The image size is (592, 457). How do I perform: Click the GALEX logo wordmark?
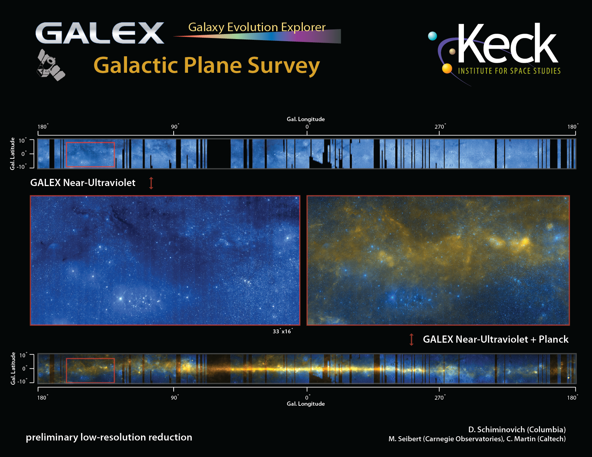click(100, 33)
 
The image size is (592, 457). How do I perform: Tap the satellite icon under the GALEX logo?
click(51, 65)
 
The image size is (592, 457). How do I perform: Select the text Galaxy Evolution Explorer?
click(257, 27)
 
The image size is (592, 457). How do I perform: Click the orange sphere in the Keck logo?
click(447, 68)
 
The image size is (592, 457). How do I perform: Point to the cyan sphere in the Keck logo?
click(432, 36)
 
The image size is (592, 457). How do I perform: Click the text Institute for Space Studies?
click(509, 71)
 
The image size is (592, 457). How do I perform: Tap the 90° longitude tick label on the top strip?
click(175, 127)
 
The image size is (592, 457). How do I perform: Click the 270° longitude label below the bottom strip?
click(440, 398)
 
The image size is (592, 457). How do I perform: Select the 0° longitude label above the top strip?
click(307, 127)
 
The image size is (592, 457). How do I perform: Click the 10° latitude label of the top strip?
click(23, 141)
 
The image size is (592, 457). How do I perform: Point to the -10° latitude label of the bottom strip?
click(22, 381)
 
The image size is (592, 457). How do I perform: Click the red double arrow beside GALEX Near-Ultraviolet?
click(151, 183)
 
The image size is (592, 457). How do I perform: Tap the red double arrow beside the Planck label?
click(412, 339)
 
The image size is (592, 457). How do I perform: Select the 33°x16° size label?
click(283, 331)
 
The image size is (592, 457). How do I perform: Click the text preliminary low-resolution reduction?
click(109, 437)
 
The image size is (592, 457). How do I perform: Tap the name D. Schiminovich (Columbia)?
click(517, 429)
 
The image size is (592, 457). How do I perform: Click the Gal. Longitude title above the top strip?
click(306, 119)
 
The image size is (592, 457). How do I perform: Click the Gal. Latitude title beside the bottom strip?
click(13, 368)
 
